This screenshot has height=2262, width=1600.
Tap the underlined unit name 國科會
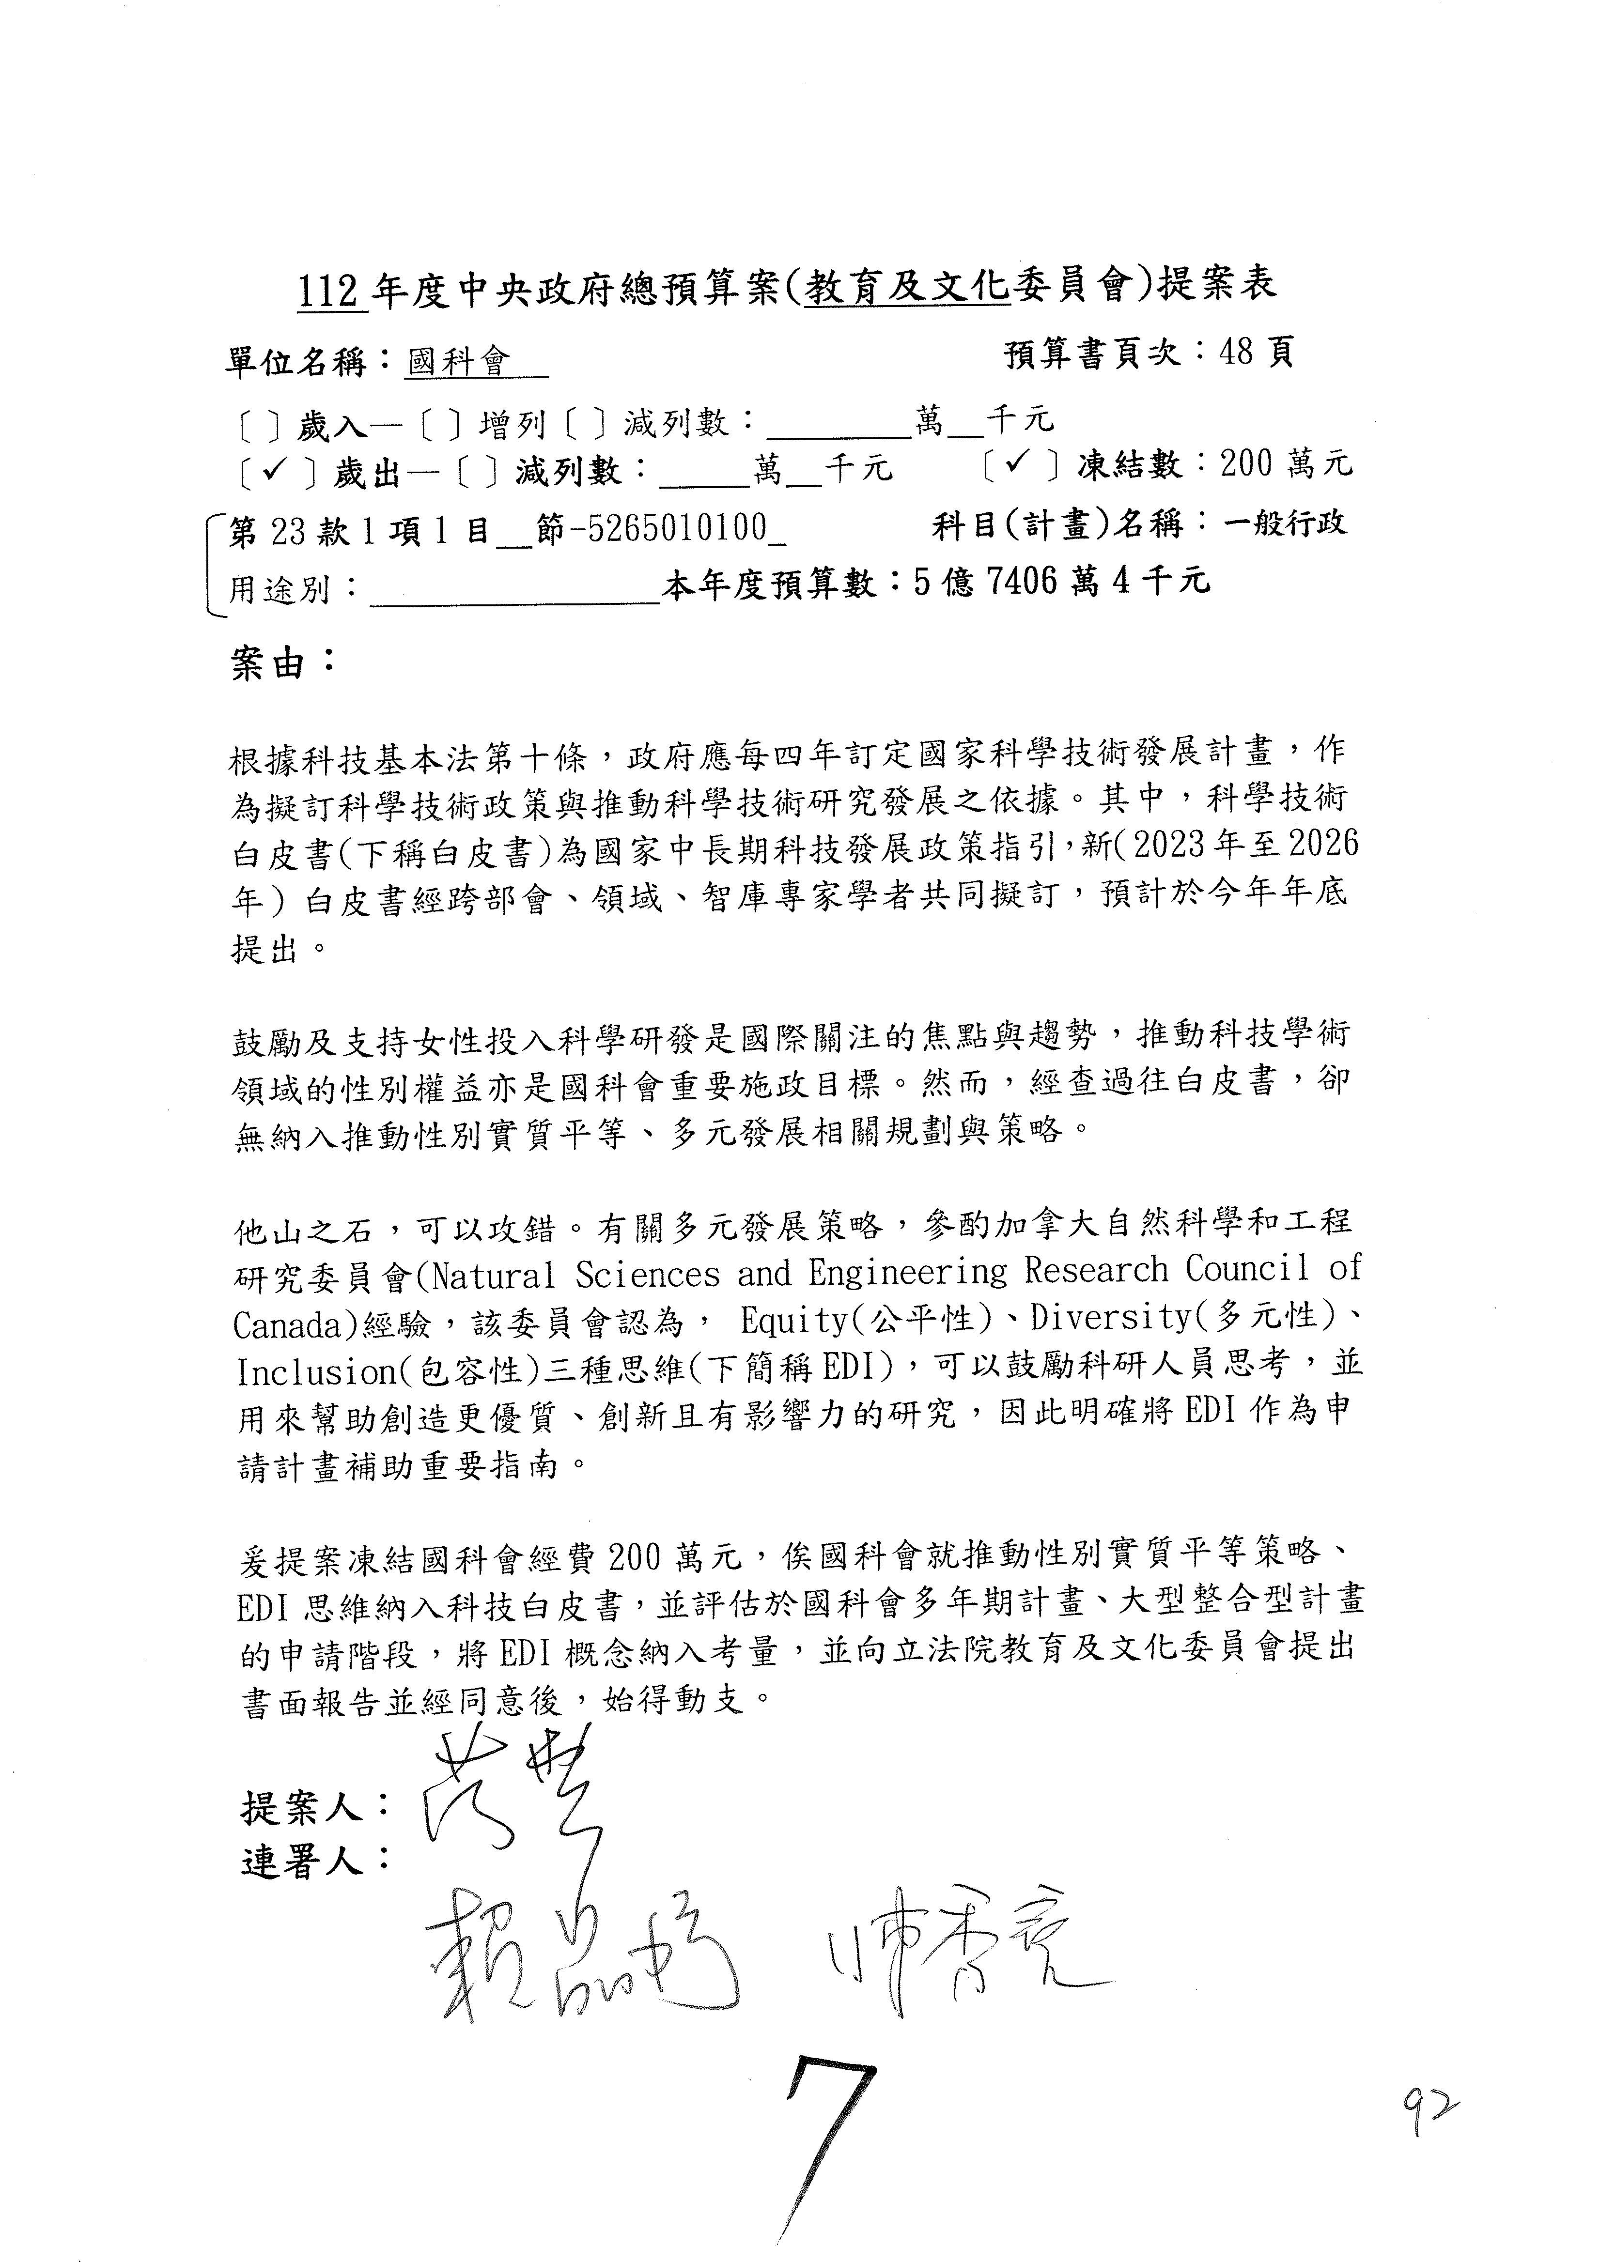459,363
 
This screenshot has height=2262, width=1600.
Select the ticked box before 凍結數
1020,463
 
